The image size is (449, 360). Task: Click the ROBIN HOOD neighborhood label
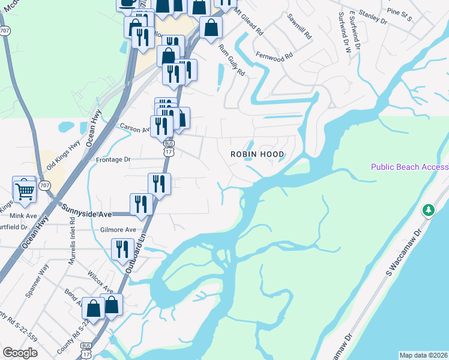pyautogui.click(x=258, y=154)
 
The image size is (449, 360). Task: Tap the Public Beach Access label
pyautogui.click(x=409, y=167)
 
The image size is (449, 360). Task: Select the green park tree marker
pyautogui.click(x=428, y=210)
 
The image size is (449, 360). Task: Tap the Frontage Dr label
pyautogui.click(x=113, y=160)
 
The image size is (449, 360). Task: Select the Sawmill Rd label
pyautogui.click(x=299, y=26)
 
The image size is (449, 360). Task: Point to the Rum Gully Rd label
pyautogui.click(x=232, y=60)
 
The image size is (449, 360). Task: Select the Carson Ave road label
pyautogui.click(x=133, y=128)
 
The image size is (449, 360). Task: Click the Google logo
pyautogui.click(x=20, y=353)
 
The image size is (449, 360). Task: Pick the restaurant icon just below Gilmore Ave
pyautogui.click(x=122, y=248)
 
